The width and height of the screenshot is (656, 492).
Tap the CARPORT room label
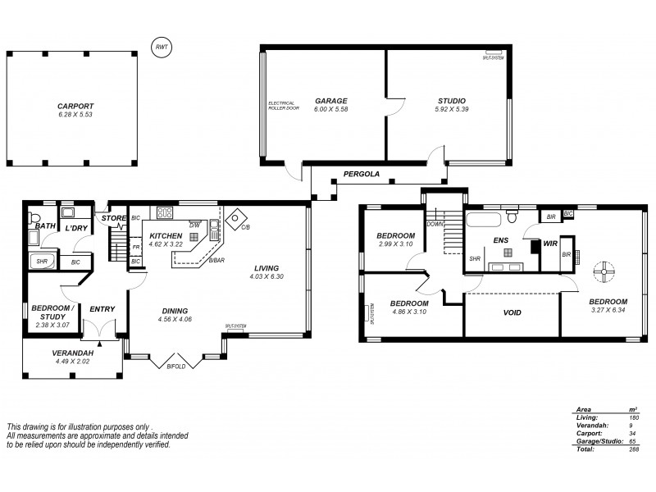(75, 106)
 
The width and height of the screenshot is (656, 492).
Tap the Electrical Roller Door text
(284, 106)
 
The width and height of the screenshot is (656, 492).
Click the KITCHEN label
(166, 235)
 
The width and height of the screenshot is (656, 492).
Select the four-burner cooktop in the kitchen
(165, 212)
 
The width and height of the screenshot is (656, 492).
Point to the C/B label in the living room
(244, 228)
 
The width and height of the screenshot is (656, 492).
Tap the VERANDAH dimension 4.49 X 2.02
(72, 361)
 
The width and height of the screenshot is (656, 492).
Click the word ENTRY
(102, 309)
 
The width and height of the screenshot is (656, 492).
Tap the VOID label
(512, 312)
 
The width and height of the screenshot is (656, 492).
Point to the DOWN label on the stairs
(433, 223)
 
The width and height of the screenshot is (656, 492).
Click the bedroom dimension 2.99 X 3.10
(396, 244)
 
